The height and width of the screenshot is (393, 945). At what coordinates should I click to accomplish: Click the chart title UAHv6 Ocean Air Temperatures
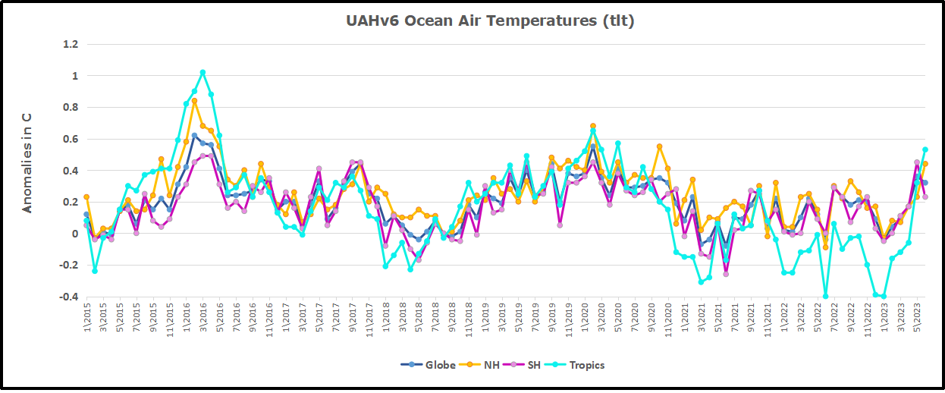pyautogui.click(x=490, y=21)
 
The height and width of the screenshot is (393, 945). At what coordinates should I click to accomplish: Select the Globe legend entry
pyautogui.click(x=429, y=365)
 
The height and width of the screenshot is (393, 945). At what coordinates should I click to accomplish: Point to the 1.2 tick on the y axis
pyautogui.click(x=70, y=44)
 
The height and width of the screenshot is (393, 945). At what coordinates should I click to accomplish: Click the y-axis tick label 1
pyautogui.click(x=74, y=76)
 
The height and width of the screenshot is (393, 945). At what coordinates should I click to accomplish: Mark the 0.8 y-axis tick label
pyautogui.click(x=70, y=107)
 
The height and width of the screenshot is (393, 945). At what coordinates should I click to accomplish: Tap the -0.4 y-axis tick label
pyautogui.click(x=68, y=297)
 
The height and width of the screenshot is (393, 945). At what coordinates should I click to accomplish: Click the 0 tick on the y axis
pyautogui.click(x=74, y=234)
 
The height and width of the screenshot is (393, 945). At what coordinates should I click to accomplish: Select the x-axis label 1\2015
pyautogui.click(x=86, y=320)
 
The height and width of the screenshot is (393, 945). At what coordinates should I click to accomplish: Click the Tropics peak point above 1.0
pyautogui.click(x=202, y=73)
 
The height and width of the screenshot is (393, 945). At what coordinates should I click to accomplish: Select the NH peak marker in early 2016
pyautogui.click(x=194, y=101)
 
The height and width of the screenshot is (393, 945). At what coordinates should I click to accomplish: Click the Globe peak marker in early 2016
pyautogui.click(x=194, y=136)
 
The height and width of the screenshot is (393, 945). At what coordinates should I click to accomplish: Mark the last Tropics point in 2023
pyautogui.click(x=925, y=150)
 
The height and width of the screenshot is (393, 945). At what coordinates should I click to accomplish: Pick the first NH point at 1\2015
pyautogui.click(x=86, y=197)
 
